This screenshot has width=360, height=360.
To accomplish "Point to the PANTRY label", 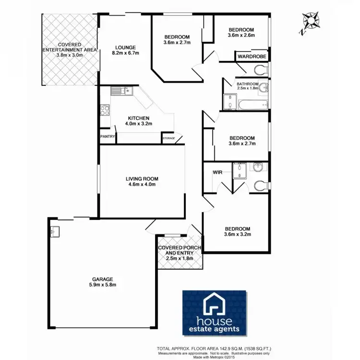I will pyautogui.click(x=107, y=136).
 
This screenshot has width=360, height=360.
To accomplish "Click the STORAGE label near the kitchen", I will pyautogui.click(x=168, y=139).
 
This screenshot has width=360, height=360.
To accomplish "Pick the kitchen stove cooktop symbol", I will pyautogui.click(x=105, y=111).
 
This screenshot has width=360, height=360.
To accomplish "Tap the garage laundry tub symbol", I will pyautogui.click(x=54, y=231).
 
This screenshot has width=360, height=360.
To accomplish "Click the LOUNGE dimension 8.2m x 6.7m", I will pyautogui.click(x=125, y=53).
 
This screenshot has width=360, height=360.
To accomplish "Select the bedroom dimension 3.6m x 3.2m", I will pyautogui.click(x=238, y=235).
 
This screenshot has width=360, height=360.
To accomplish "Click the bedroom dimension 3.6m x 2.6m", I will pyautogui.click(x=240, y=35).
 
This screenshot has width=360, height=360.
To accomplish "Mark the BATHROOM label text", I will pyautogui.click(x=247, y=84).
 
